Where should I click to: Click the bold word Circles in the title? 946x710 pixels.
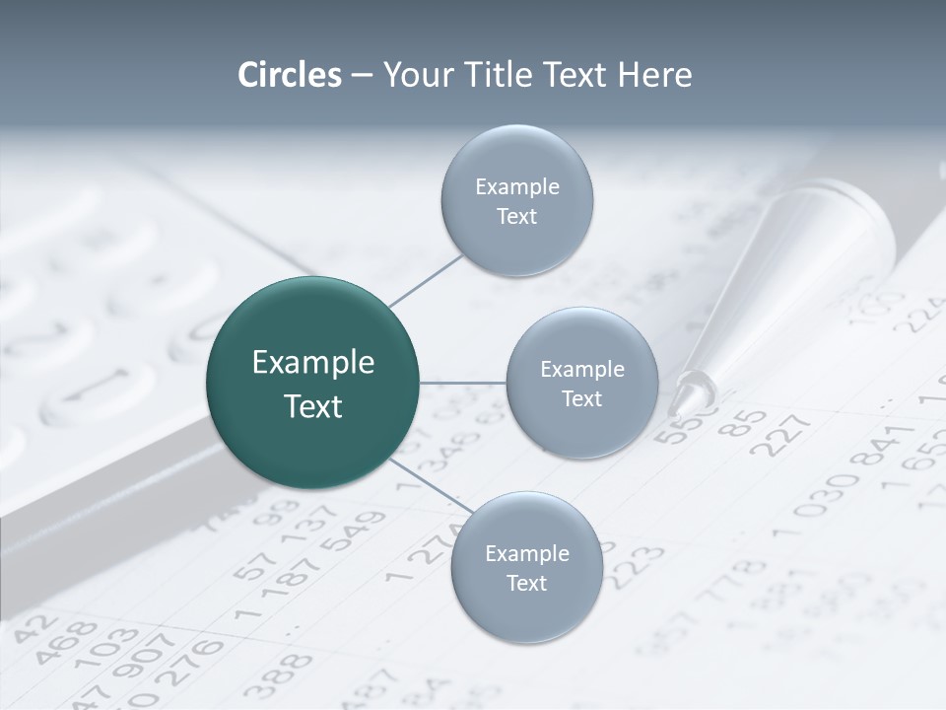pos(290,75)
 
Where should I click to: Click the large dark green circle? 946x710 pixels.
pos(313,383)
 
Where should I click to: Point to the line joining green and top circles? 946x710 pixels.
pos(426,279)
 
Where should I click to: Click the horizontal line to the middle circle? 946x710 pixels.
pos(463,383)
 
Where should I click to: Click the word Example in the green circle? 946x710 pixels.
pos(313,363)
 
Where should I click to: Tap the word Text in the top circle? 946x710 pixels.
pos(517,217)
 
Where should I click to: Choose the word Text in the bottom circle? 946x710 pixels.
pos(527,584)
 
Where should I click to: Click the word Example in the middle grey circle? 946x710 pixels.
pos(582,370)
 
